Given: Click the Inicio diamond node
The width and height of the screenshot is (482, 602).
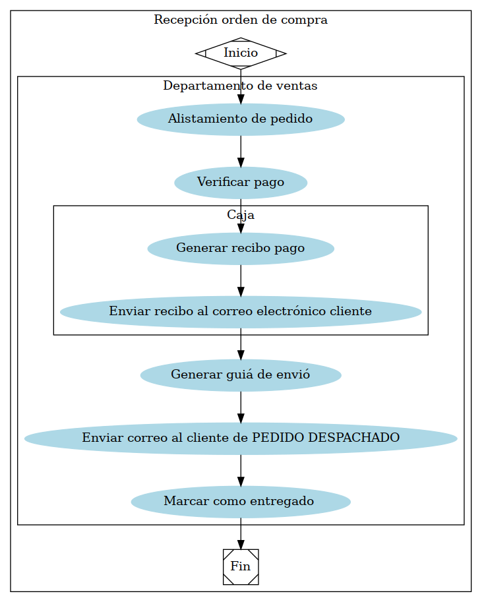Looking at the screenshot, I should point(241,53).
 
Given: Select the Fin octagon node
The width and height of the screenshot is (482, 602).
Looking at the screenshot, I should point(241,566).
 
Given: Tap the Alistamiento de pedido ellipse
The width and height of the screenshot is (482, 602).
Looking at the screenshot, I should point(241,119).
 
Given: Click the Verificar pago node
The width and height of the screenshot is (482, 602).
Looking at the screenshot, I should point(241,183).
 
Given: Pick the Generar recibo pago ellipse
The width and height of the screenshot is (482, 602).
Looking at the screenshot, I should point(241,249).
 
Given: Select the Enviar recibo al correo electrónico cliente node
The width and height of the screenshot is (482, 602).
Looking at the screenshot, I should point(241,311).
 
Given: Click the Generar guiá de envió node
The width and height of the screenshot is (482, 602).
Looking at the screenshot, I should point(241,375).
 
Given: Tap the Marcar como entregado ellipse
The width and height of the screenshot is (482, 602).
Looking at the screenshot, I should point(241,502).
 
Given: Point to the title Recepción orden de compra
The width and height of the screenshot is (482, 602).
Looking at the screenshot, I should point(241,20).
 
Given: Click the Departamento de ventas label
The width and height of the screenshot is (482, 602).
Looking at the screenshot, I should point(241,86).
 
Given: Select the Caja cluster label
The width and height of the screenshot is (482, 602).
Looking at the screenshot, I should point(241,215).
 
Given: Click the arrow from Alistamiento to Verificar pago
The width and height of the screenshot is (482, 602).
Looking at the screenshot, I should point(241,151).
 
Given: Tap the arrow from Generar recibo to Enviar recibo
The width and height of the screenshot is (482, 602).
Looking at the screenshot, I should point(241,280).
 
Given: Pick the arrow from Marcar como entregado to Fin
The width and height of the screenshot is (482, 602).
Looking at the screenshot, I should point(241,533).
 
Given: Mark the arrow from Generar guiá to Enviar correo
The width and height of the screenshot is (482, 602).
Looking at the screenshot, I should point(241,407).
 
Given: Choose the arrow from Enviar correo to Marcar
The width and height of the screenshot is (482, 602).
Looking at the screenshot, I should point(241,470).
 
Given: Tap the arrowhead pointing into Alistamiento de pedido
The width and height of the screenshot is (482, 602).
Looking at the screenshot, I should point(241,98).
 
